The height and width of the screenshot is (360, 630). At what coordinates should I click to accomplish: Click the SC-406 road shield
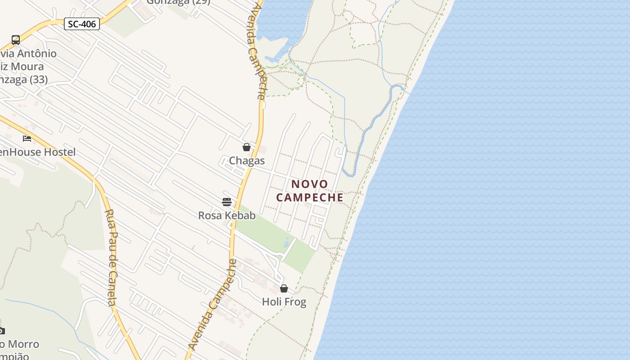81,24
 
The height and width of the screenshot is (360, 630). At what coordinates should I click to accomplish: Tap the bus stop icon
16,40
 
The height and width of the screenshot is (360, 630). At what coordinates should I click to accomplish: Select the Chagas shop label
247,161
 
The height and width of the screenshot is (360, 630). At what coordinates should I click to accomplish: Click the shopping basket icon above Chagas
246,147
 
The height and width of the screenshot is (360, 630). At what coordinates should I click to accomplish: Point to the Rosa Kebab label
227,216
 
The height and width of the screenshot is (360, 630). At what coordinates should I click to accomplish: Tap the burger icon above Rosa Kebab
226,202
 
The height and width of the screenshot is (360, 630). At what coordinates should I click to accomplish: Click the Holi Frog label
284,302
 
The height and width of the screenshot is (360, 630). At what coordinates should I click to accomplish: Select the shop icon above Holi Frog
284,288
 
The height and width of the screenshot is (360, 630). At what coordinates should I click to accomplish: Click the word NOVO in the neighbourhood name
310,184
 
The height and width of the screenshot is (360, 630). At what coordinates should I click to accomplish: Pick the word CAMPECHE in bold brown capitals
310,198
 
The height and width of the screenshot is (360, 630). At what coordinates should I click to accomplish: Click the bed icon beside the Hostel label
27,138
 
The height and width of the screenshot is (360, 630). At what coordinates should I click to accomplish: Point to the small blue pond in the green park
287,243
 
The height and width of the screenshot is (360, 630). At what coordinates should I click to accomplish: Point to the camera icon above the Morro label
1,331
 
